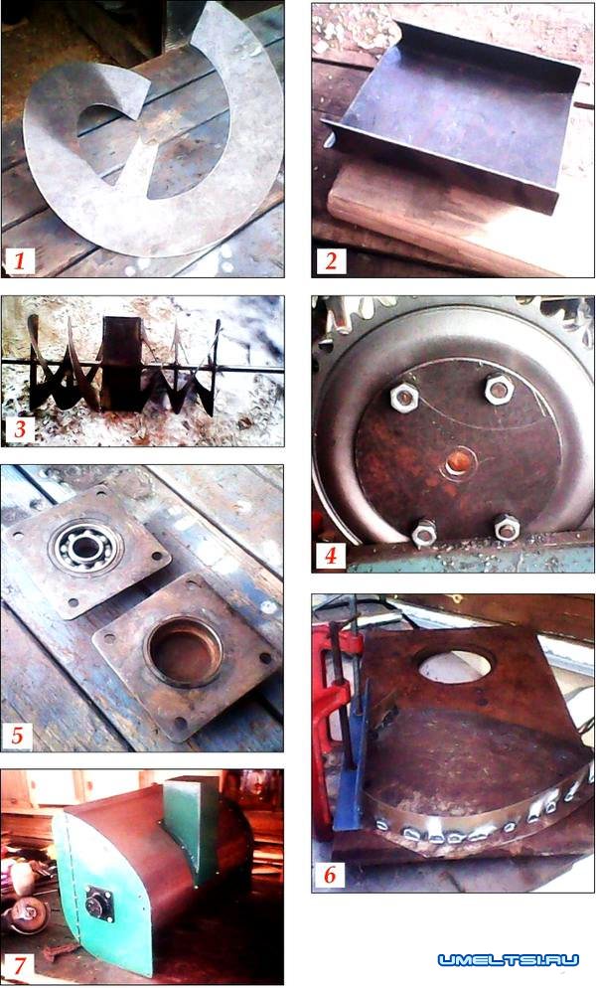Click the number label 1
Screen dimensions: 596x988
pyautogui.click(x=20, y=260)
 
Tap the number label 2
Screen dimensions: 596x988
pyautogui.click(x=332, y=260)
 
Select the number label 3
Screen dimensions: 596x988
pyautogui.click(x=20, y=429)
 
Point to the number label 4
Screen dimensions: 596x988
pyautogui.click(x=331, y=556)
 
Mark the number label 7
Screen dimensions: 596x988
pyautogui.click(x=19, y=966)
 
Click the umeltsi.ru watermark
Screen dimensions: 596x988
pyautogui.click(x=509, y=960)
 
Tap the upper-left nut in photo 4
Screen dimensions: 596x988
pyautogui.click(x=404, y=397)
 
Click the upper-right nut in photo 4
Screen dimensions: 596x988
pyautogui.click(x=499, y=390)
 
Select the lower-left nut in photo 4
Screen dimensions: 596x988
pyautogui.click(x=424, y=533)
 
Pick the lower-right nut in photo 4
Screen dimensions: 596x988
pyautogui.click(x=507, y=528)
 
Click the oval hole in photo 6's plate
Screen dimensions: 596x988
pyautogui.click(x=454, y=665)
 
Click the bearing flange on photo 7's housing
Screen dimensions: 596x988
pyautogui.click(x=99, y=905)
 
